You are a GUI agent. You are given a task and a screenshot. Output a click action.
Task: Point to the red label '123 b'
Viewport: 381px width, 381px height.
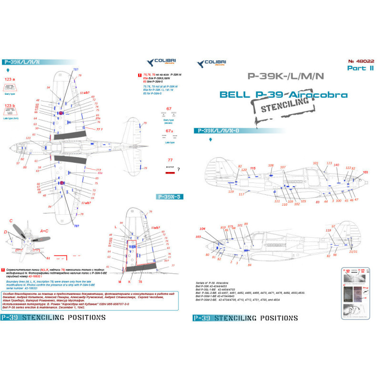pos(10,108)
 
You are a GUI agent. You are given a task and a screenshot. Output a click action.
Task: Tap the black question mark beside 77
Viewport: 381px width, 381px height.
pos(178,169)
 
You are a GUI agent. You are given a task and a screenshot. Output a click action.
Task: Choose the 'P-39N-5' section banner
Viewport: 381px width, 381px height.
pos(172,196)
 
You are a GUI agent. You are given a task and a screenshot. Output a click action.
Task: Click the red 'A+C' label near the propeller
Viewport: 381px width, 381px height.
pos(44,231)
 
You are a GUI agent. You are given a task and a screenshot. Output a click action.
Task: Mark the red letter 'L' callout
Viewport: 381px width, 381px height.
pos(116,227)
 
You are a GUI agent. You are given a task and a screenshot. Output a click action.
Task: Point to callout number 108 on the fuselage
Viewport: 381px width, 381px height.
pos(271,166)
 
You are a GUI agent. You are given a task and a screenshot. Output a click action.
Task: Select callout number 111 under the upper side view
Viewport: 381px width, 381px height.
pos(277,201)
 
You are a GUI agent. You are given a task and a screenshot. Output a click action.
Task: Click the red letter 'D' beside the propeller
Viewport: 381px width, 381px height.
pos(6,231)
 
